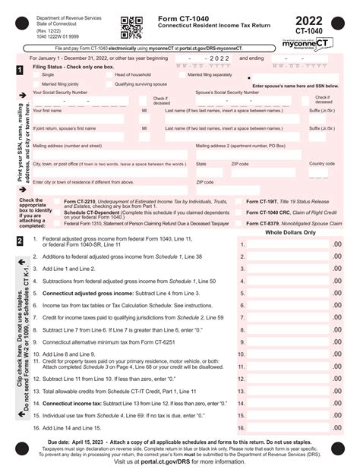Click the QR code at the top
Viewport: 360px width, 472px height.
click(x=132, y=27)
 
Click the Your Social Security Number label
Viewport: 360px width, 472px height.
click(x=60, y=92)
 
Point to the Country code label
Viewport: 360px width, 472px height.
click(x=321, y=163)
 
